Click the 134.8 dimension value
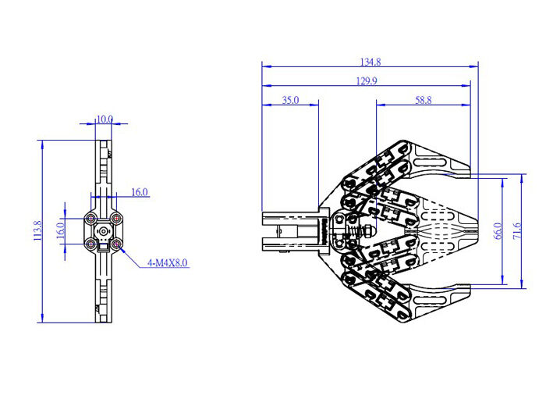pos(370,61)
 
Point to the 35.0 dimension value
pos(289,100)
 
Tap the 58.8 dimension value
pos(424,100)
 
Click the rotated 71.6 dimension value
pos(517,231)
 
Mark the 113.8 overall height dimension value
pos(37,231)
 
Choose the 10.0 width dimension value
pos(105,119)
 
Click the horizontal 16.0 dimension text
pos(140,191)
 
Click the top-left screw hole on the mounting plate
pos(93,218)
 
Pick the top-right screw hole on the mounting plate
pos(116,218)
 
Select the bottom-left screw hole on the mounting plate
pos(93,244)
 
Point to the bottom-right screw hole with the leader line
pos(116,244)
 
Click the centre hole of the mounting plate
pos(105,231)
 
